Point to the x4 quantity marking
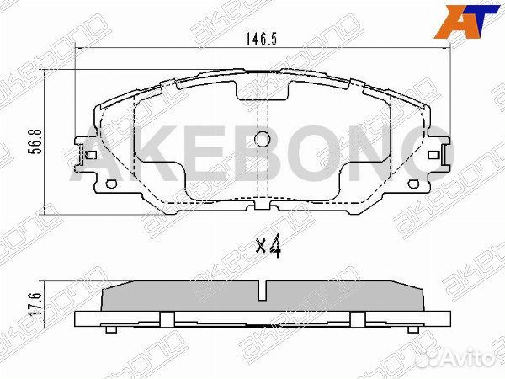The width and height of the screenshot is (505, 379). (x=267, y=247)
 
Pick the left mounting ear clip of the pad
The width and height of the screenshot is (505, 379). (x=86, y=156)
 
